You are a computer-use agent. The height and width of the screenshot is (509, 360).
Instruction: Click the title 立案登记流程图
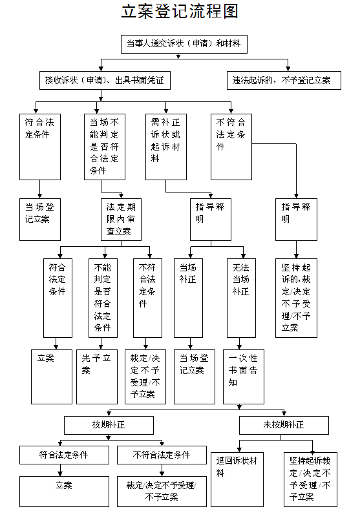coord(180,11)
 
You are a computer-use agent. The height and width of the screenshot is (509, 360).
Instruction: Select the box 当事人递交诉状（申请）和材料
coord(184,44)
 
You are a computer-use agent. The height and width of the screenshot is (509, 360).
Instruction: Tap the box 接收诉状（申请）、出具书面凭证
coord(105,81)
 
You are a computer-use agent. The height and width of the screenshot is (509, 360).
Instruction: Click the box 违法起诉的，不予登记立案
coord(284,81)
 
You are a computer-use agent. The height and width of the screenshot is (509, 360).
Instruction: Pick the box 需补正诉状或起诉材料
coord(166,147)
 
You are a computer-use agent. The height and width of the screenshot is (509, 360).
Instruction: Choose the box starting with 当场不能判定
coord(105,147)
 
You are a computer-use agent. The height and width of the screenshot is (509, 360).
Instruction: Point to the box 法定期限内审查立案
coord(122,220)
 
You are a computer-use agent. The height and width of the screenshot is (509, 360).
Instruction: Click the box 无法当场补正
coord(242,298)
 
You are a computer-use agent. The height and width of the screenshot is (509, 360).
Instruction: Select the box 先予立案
coord(97,377)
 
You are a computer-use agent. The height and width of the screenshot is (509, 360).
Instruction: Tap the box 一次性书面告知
coord(244,377)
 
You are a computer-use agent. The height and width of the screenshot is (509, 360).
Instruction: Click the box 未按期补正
coord(284,425)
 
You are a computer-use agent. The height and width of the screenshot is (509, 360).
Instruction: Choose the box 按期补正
coord(109,425)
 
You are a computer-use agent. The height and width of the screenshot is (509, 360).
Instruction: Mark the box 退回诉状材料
coord(237,479)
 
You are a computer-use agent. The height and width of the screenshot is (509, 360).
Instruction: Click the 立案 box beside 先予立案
coord(52,377)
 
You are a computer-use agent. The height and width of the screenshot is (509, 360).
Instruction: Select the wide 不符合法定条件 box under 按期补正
coord(162,455)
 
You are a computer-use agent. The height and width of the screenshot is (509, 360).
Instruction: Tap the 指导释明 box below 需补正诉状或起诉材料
coord(211,220)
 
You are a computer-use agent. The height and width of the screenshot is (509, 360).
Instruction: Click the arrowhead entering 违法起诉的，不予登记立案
coord(288,69)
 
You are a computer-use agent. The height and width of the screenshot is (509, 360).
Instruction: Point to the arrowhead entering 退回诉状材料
coord(239,450)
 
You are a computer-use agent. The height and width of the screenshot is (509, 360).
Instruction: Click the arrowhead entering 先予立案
coord(101,347)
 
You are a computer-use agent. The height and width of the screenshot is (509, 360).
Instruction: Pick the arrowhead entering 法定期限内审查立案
coord(122,196)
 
